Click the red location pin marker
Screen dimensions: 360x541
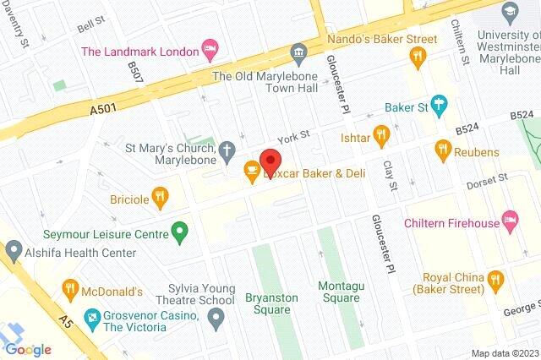(270, 161)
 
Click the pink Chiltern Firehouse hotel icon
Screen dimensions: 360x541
(510, 222)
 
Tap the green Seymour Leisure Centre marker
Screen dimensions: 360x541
(179, 229)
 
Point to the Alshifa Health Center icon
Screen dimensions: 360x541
(13, 252)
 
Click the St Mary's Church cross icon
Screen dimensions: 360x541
(226, 152)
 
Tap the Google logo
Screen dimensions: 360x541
(28, 349)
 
